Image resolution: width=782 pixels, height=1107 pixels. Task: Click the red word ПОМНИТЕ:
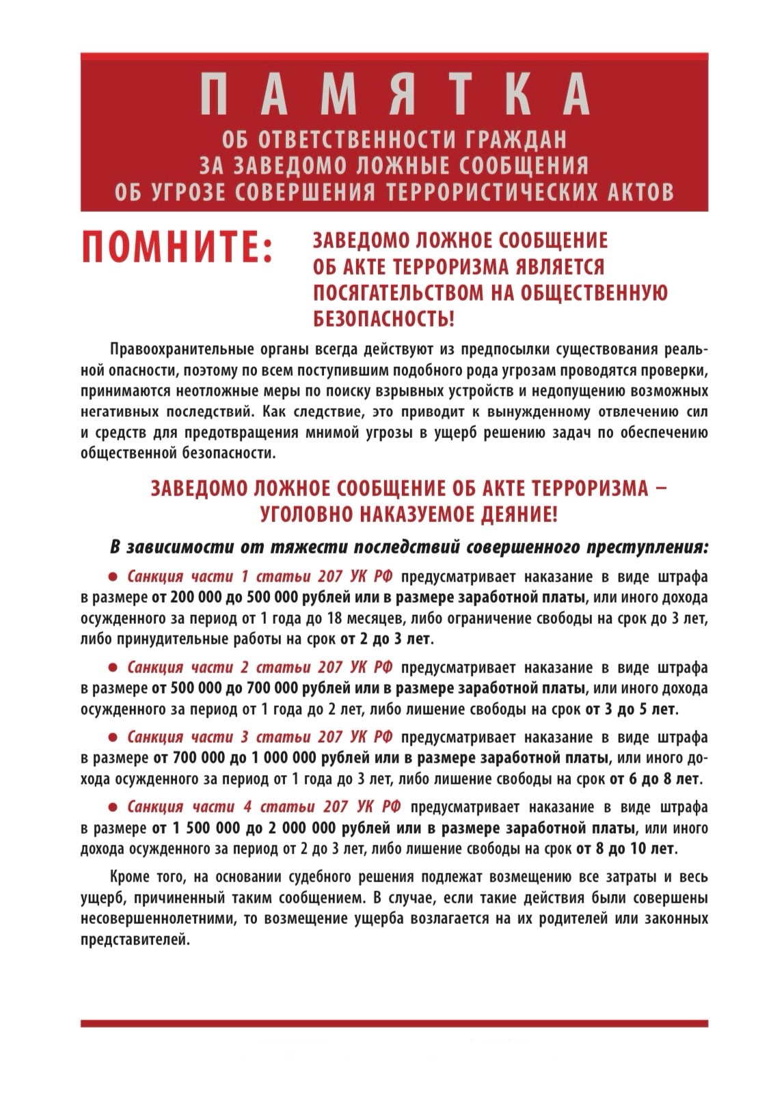coord(176,247)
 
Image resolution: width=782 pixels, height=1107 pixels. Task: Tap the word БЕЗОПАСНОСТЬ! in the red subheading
coord(383,318)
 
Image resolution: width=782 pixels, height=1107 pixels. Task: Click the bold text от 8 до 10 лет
coord(626,849)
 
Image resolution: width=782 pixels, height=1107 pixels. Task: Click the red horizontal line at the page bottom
coord(394,1024)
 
